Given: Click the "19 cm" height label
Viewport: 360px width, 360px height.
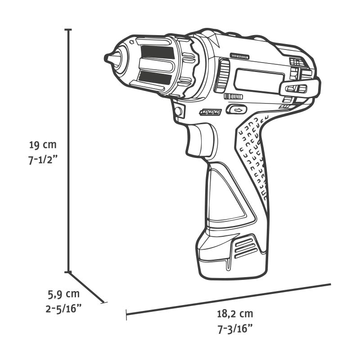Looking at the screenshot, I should (x=43, y=145).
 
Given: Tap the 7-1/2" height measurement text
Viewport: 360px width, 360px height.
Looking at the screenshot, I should (x=43, y=160).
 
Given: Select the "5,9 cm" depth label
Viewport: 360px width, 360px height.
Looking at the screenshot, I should (x=63, y=294).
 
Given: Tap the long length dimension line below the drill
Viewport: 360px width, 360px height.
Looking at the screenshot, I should (x=229, y=299).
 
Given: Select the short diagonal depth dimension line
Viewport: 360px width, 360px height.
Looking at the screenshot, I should (x=87, y=287).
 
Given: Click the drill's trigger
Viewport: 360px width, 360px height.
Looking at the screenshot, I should (x=200, y=139).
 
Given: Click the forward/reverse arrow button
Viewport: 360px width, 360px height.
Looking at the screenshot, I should (x=237, y=109).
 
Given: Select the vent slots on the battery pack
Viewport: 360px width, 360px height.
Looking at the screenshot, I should (x=245, y=247).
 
